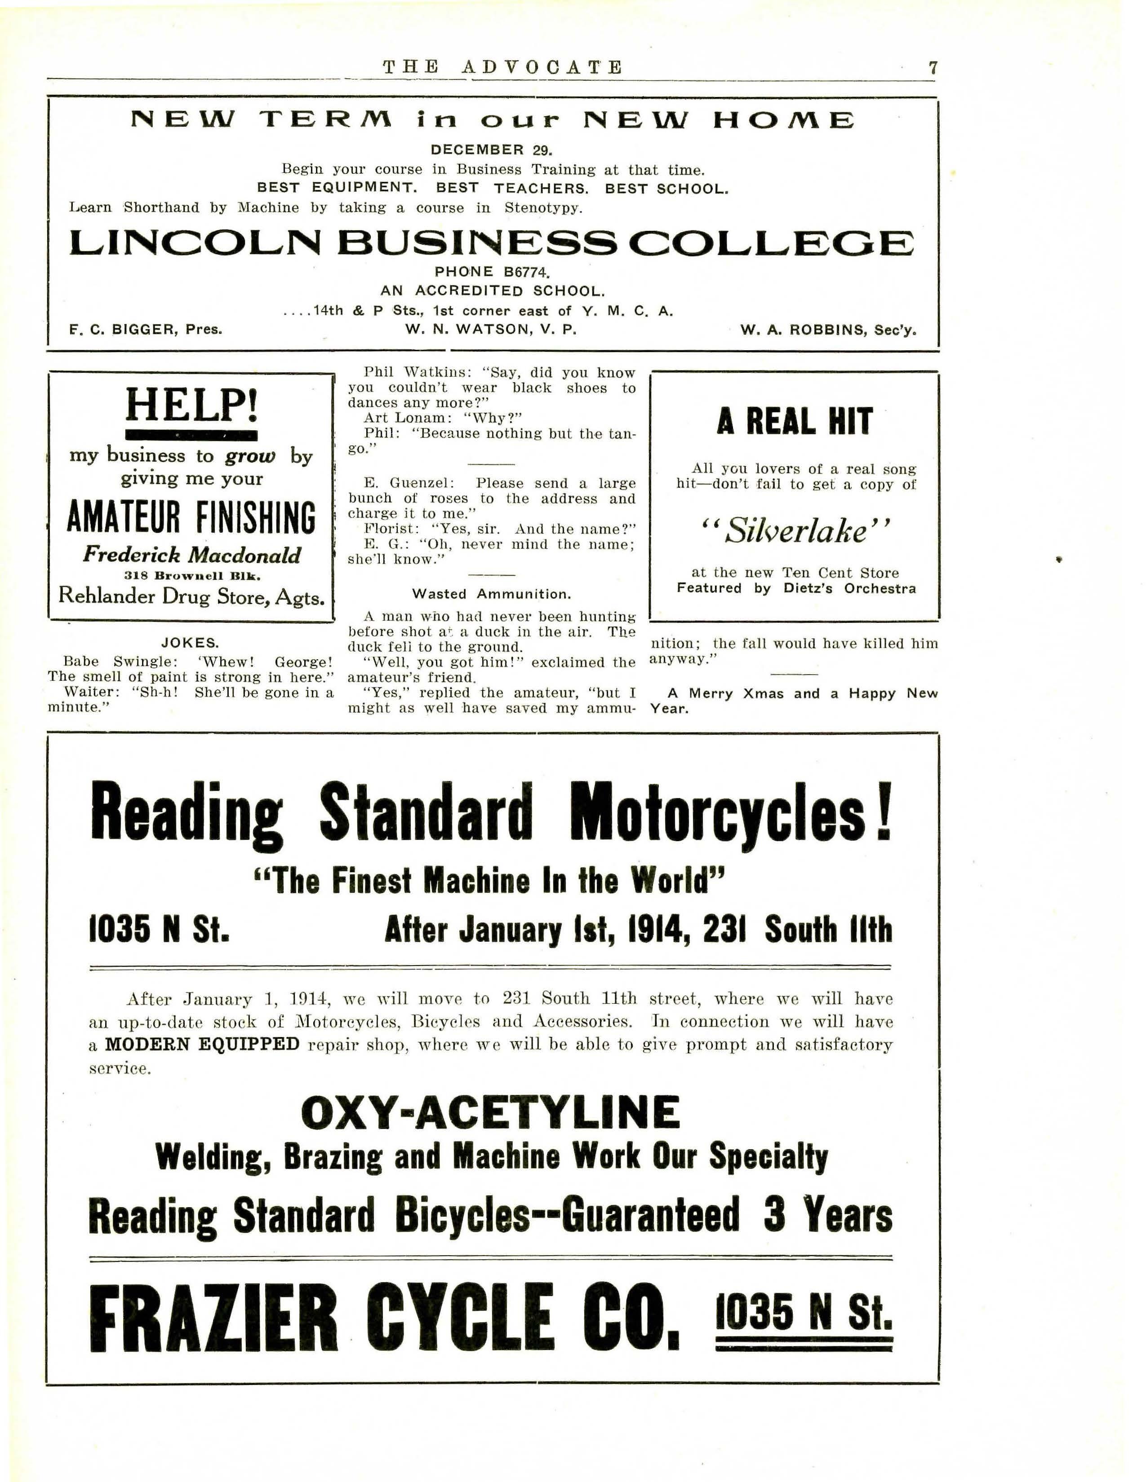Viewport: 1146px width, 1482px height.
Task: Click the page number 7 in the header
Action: tap(933, 67)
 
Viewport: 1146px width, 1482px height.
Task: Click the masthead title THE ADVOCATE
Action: tap(502, 67)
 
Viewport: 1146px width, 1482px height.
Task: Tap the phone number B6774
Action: tap(526, 272)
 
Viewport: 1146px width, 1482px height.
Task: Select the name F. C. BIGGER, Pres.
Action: tap(146, 330)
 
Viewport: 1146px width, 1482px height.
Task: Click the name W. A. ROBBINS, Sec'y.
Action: tap(828, 331)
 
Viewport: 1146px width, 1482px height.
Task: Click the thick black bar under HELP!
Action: tap(191, 435)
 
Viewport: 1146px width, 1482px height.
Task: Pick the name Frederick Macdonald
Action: tap(191, 555)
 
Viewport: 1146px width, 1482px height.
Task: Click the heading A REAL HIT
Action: tap(794, 422)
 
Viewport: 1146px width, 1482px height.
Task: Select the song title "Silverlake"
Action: tap(794, 531)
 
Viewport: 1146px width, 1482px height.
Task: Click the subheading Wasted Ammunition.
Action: tap(492, 594)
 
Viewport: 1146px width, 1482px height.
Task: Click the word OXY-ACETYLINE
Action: tap(490, 1113)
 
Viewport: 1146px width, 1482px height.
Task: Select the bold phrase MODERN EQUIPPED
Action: tap(202, 1044)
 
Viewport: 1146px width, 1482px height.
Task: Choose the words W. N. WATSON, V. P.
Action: tap(492, 330)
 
